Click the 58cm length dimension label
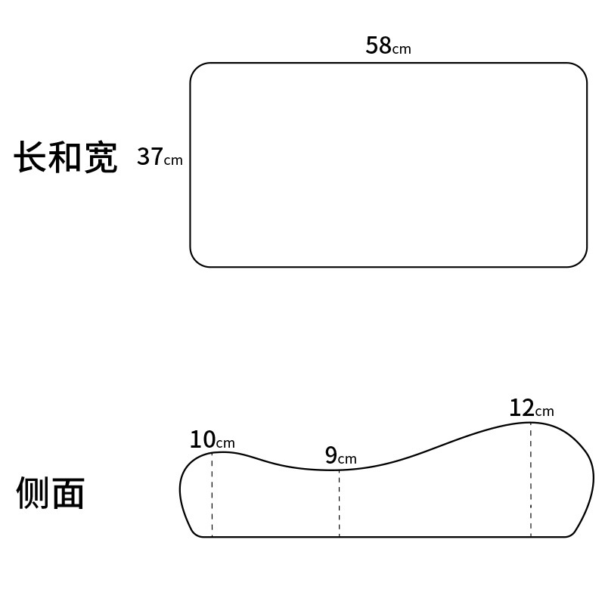388,46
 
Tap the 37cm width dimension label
160,157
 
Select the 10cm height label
212,439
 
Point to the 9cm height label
340,455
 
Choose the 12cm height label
531,408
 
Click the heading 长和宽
66,158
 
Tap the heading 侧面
50,494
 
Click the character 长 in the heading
31,158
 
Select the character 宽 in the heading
101,158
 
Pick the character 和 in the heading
66,158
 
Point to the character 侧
33,494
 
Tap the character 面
67,494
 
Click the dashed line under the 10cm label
212,495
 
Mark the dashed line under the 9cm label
339,504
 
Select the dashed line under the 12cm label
530,480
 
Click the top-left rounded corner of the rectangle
196,69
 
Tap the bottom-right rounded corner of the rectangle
581,261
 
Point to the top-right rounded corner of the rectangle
581,69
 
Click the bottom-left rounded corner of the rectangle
196,261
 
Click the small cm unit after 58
402,50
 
